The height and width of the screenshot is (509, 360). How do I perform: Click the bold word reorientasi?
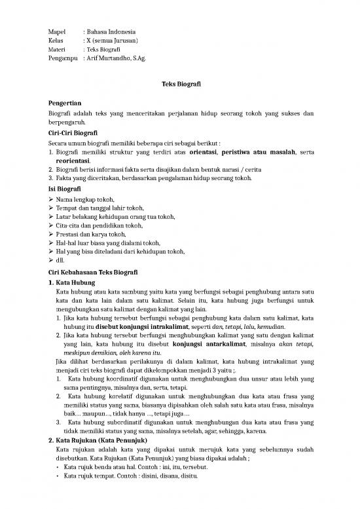73,160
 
